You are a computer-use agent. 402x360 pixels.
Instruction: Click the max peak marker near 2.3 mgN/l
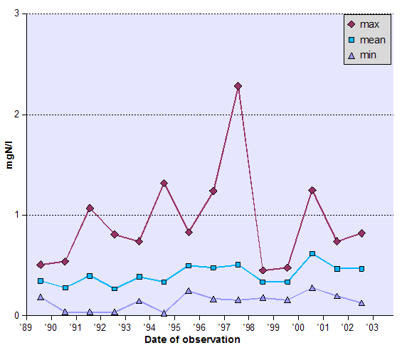pyautogui.click(x=238, y=86)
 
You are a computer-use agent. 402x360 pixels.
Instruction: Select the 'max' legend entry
pyautogui.click(x=369, y=24)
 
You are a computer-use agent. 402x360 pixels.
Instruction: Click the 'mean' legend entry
pyautogui.click(x=372, y=40)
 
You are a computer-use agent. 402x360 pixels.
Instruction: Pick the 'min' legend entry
pyautogui.click(x=368, y=55)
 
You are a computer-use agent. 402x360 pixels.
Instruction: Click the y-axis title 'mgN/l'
pyautogui.click(x=10, y=164)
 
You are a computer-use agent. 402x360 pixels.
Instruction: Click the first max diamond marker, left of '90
pyautogui.click(x=41, y=265)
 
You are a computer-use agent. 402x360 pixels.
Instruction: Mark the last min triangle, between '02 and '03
pyautogui.click(x=361, y=303)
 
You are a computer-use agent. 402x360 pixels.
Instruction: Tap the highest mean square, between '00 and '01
pyautogui.click(x=312, y=254)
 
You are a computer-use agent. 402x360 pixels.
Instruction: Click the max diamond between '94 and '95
pyautogui.click(x=164, y=184)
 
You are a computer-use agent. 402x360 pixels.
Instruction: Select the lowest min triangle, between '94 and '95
pyautogui.click(x=164, y=313)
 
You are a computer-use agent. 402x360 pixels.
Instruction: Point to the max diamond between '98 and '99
pyautogui.click(x=263, y=270)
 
